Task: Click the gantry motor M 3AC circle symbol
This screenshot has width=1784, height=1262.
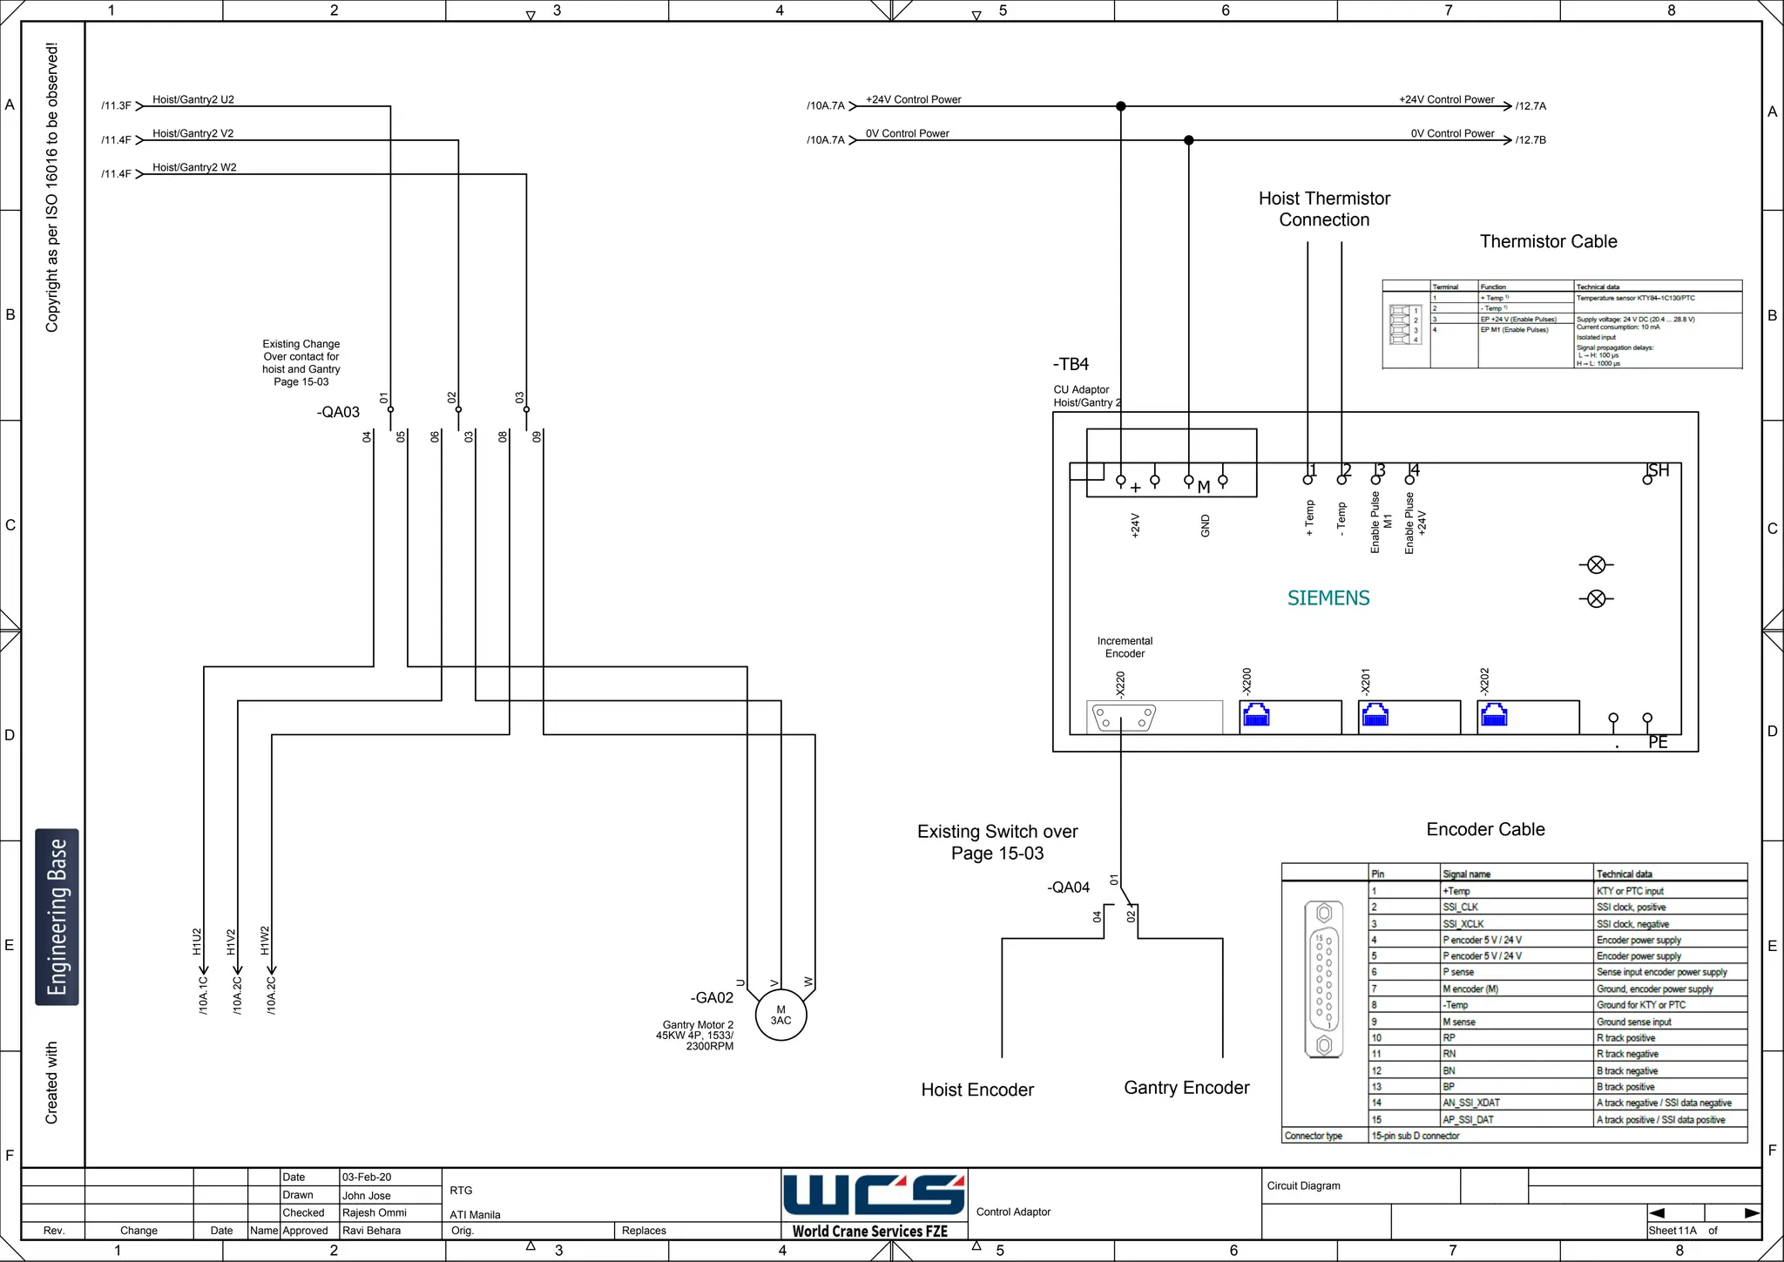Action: click(780, 1016)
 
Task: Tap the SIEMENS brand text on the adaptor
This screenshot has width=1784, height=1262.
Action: click(1328, 598)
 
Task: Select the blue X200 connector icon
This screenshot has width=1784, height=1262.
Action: click(1256, 715)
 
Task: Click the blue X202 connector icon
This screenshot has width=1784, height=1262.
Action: click(1494, 715)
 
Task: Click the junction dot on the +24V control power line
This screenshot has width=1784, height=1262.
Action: click(1121, 106)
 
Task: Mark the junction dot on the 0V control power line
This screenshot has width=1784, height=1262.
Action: click(1189, 140)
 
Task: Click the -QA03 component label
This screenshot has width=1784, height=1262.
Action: click(338, 412)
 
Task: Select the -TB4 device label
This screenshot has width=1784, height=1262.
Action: click(1071, 364)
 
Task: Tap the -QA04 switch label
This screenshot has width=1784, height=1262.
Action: click(1068, 887)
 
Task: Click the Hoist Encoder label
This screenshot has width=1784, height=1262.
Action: click(977, 1090)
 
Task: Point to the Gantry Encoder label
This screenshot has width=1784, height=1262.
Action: click(1186, 1088)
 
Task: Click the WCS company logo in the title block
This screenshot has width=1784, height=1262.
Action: click(874, 1195)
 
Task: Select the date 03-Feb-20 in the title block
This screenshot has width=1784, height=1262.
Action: click(367, 1178)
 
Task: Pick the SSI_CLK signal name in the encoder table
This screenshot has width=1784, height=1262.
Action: click(1460, 908)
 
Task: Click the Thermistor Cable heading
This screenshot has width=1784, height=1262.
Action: click(1548, 242)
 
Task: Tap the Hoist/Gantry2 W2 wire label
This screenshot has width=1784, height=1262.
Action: click(194, 167)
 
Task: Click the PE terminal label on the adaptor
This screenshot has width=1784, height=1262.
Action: click(1658, 742)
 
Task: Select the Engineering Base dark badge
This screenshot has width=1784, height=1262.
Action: click(57, 916)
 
